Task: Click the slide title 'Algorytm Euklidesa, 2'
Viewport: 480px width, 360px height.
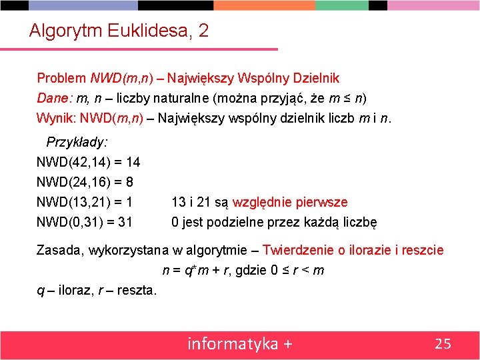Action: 119,31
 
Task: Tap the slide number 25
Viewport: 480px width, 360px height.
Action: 443,343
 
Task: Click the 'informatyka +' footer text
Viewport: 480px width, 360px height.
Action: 240,343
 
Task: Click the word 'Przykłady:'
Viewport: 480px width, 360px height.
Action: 77,142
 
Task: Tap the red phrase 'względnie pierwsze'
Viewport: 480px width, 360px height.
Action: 290,202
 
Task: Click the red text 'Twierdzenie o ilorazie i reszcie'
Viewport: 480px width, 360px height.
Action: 353,250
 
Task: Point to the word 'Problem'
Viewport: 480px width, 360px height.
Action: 61,78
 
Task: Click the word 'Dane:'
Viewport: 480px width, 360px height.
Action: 55,98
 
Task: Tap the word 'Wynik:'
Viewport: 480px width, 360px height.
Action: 56,119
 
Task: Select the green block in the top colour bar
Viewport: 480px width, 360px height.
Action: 341,5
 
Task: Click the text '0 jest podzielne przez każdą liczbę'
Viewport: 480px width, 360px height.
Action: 274,222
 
